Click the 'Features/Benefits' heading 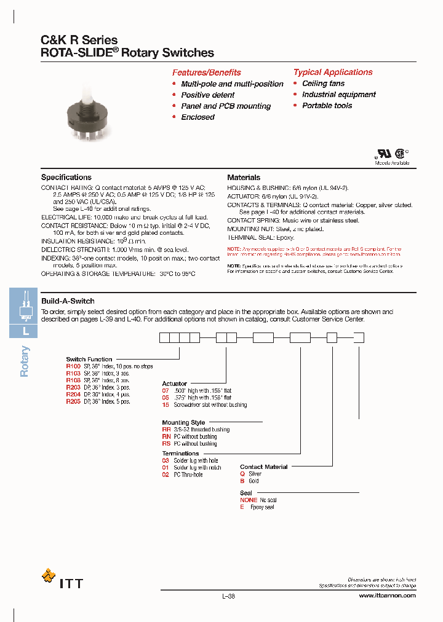tap(206, 72)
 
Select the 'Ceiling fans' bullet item tap(323, 84)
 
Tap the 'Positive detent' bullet tap(207, 95)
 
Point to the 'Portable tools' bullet tap(327, 106)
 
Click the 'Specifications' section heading tap(66, 177)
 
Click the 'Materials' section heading tap(244, 177)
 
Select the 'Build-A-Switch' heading tap(68, 301)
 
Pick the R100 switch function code tap(73, 366)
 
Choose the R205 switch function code tap(73, 401)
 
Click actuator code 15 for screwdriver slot tap(166, 405)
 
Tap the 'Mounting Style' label tap(183, 423)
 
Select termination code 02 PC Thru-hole tap(166, 475)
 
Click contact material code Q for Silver tap(242, 474)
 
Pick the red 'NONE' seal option tap(249, 500)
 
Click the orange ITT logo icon tap(48, 575)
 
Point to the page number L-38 tap(228, 596)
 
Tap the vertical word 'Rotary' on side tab tap(25, 361)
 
